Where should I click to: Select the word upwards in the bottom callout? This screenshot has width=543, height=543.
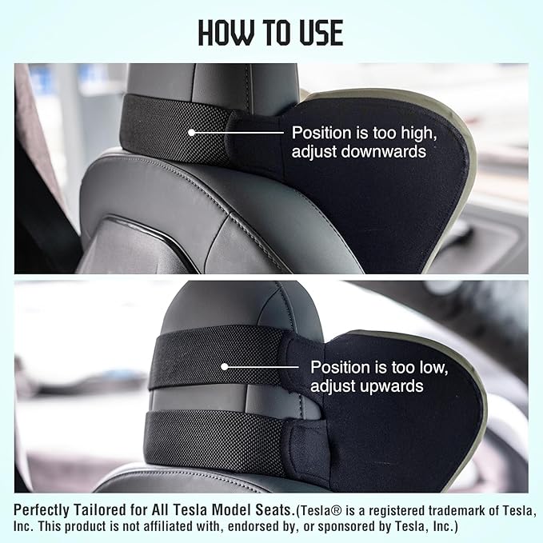(x=389, y=386)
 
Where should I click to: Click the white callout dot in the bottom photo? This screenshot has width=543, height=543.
(x=225, y=367)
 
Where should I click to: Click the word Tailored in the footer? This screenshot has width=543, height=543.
(x=104, y=509)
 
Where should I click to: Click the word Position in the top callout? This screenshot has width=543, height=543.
(x=318, y=132)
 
